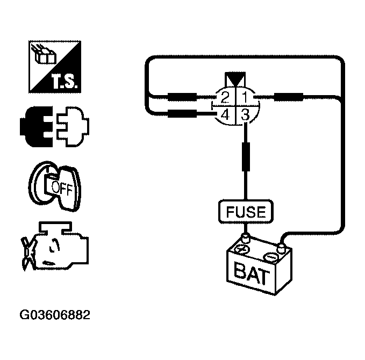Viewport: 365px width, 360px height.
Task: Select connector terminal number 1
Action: tap(244, 98)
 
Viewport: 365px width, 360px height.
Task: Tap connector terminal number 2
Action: tap(225, 98)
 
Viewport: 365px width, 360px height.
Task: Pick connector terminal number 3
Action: tap(245, 114)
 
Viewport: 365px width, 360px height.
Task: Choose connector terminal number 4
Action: tap(225, 114)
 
